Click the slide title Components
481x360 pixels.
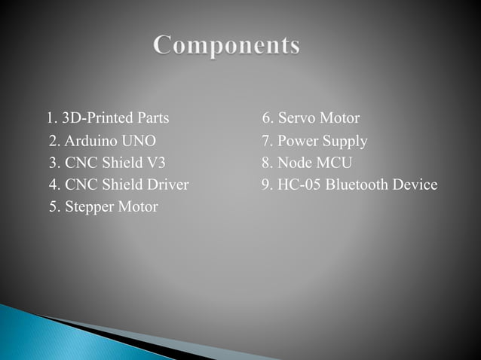pyautogui.click(x=227, y=45)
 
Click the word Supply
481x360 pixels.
pyautogui.click(x=345, y=142)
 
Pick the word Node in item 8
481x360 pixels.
pyautogui.click(x=294, y=163)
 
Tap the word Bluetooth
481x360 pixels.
pyautogui.click(x=357, y=185)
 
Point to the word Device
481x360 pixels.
pyautogui.click(x=415, y=185)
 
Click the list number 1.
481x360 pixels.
pyautogui.click(x=51, y=118)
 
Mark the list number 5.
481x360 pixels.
pyautogui.click(x=54, y=206)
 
